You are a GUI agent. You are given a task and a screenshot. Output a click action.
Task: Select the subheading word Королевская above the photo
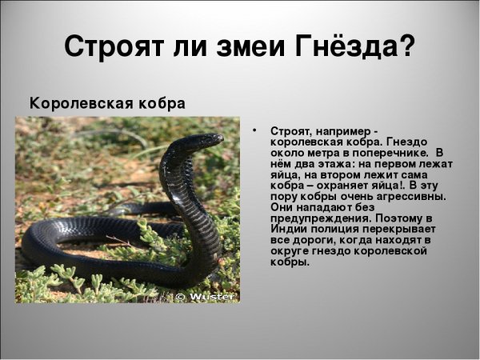[74, 104]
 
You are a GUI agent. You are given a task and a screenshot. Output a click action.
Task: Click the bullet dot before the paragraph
[254, 130]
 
